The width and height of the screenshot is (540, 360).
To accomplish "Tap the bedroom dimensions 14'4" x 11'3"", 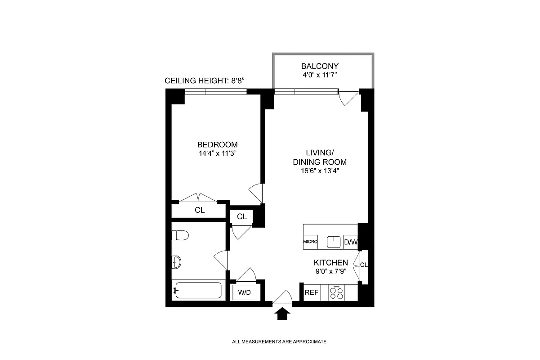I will point(217,153).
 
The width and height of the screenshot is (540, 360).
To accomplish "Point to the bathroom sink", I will point(176,261).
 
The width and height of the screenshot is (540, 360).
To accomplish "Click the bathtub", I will point(198,291).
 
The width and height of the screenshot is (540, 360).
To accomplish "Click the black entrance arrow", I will point(282,314).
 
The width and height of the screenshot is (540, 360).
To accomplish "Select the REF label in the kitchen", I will point(312,292).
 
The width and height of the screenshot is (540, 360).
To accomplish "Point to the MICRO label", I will point(310,242).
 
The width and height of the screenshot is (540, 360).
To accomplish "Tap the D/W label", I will point(351,242).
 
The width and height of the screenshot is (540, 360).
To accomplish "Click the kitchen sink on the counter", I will point(333,242).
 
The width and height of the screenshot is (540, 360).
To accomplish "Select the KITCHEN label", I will point(330,262).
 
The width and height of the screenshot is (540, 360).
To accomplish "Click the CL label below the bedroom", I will point(200,210).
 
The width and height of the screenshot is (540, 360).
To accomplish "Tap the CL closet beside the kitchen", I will point(364,265).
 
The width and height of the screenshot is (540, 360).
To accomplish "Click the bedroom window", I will point(216,92).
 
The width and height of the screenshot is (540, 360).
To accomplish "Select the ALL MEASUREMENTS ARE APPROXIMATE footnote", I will point(279,342).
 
